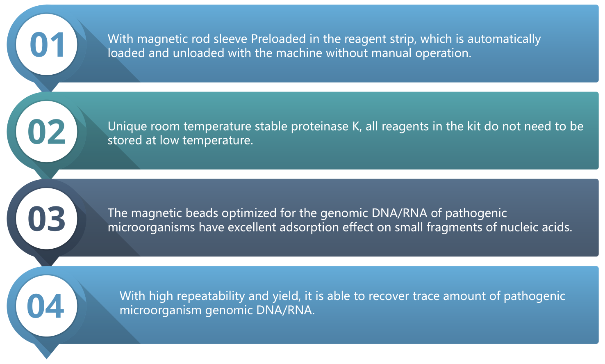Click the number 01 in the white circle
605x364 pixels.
[47, 45]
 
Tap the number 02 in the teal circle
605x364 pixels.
[46, 132]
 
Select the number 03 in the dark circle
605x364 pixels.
[46, 218]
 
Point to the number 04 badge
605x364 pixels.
[45, 306]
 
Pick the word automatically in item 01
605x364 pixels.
[504, 39]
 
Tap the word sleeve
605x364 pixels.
[230, 39]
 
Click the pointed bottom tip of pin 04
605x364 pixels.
[46, 359]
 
